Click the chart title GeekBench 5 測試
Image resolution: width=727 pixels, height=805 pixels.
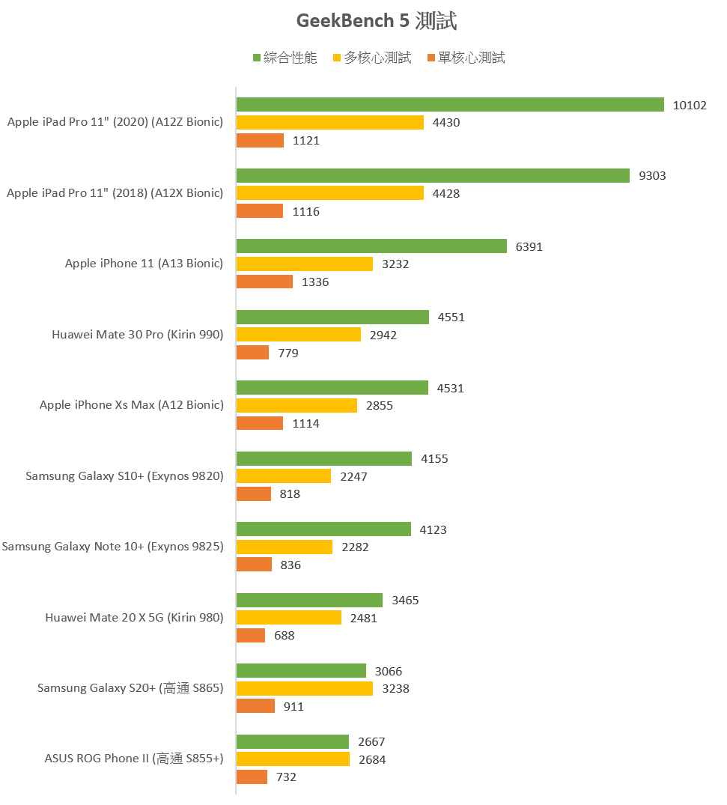(376, 21)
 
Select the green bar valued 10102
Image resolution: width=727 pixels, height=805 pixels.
(450, 105)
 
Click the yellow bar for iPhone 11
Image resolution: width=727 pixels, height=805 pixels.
(305, 264)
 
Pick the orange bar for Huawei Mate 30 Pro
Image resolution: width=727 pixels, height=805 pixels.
(253, 353)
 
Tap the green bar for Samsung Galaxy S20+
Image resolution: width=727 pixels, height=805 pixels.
(301, 671)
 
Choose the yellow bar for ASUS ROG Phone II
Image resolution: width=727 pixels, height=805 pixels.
(293, 759)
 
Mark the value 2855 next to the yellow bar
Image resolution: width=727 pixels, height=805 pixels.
(379, 406)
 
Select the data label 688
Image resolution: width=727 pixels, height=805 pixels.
(285, 636)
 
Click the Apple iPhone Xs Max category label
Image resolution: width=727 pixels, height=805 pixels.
(131, 405)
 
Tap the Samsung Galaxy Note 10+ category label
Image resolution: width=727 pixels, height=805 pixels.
(112, 547)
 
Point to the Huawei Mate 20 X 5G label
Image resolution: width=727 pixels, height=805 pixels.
(134, 618)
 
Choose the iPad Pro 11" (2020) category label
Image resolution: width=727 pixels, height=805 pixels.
(115, 122)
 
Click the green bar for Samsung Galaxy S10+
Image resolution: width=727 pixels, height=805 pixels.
(324, 459)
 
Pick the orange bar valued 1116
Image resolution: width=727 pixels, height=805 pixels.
(260, 211)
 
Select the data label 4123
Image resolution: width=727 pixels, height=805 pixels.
(433, 530)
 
